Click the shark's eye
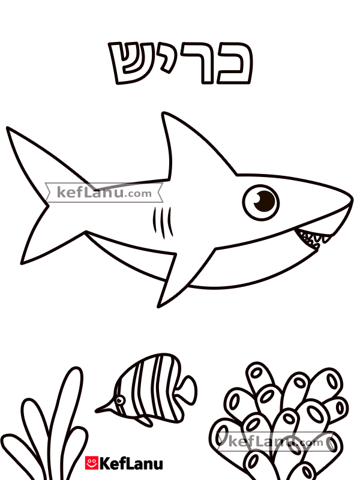coord(261,202)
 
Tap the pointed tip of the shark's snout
coord(352,200)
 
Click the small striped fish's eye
coord(119,400)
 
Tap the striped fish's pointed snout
coord(98,410)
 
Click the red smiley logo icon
coord(92,463)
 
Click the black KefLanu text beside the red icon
coord(131,463)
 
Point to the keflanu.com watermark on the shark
coord(104,193)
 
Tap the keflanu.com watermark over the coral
coord(276,442)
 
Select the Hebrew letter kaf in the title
coord(234,63)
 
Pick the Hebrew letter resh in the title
coord(197,63)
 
